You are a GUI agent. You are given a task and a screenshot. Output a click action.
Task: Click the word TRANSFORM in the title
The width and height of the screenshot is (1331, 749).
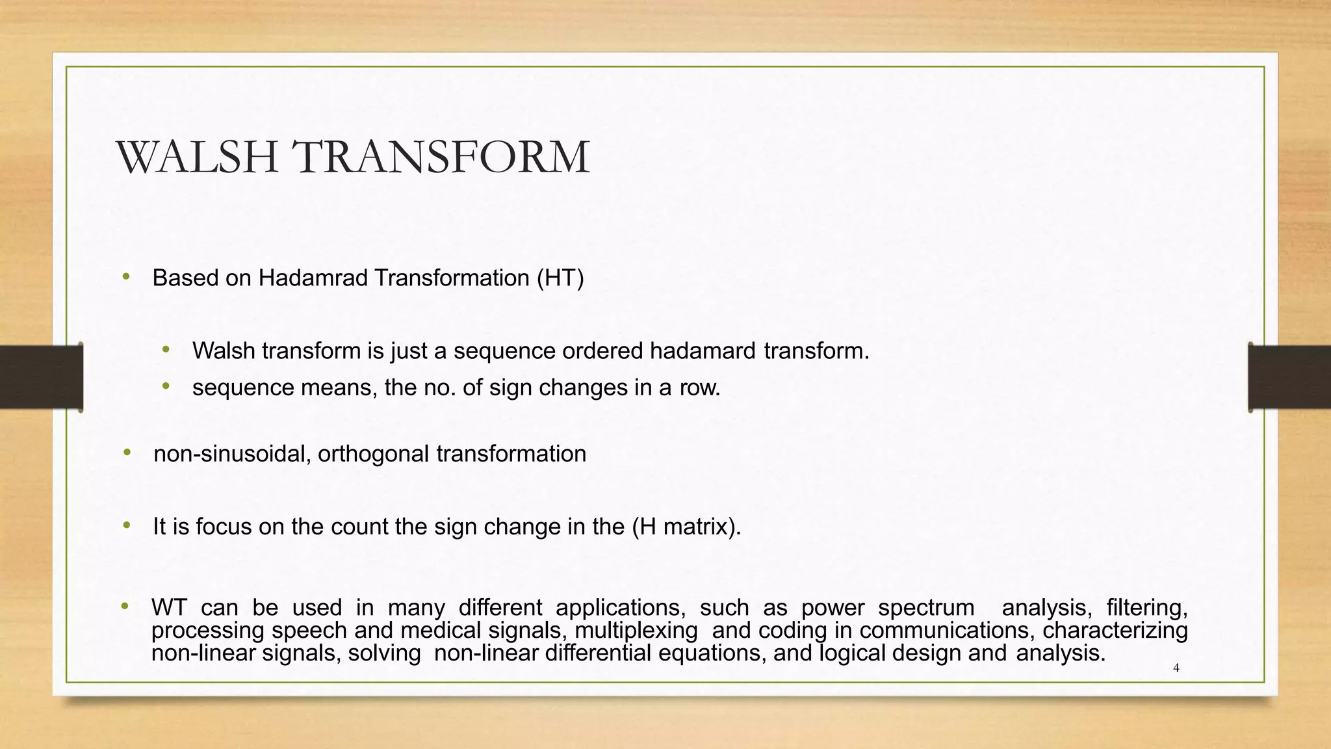[440, 158]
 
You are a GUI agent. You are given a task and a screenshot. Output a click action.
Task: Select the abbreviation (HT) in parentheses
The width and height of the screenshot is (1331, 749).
[560, 278]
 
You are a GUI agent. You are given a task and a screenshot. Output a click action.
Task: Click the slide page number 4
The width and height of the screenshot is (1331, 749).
[1176, 668]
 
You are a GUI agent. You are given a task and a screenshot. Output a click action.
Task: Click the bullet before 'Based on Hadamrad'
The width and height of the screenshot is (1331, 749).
[126, 278]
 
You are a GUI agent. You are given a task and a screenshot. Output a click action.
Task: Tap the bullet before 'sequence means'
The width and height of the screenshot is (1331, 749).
[166, 387]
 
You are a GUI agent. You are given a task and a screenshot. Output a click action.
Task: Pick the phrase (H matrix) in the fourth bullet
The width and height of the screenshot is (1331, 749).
[686, 527]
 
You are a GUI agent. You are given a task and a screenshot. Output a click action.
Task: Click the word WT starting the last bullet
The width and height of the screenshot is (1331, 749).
[169, 608]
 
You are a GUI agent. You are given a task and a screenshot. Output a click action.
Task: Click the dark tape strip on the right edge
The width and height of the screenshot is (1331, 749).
[1289, 377]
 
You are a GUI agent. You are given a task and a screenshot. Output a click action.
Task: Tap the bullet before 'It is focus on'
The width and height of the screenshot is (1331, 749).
[127, 525]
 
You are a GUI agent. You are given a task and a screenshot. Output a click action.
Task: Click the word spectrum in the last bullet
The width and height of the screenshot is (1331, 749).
[926, 608]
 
